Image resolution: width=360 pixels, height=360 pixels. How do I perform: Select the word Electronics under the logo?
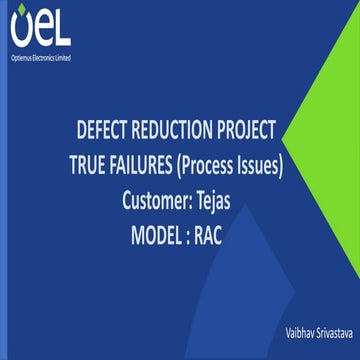(42, 57)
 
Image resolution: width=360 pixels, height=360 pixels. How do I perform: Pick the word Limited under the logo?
(63, 57)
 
